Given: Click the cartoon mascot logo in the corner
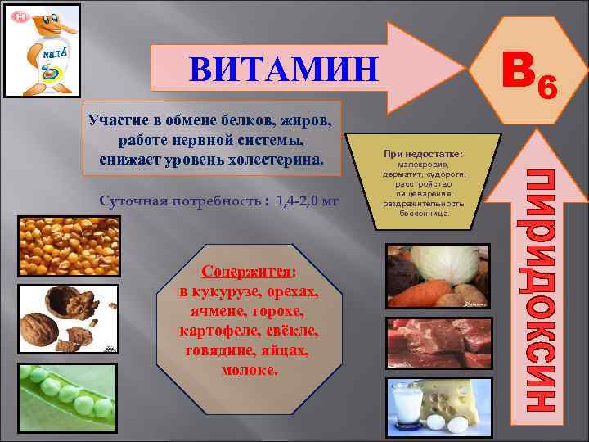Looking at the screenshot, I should click(x=43, y=50).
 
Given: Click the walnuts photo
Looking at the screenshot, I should click(x=65, y=319).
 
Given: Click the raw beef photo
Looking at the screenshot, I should click(x=438, y=340).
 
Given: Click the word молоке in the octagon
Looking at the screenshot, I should click(x=250, y=370).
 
